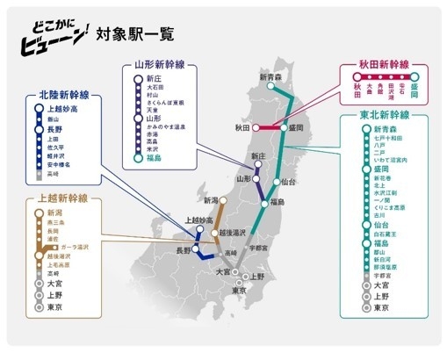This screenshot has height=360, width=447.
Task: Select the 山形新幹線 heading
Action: [x=161, y=65]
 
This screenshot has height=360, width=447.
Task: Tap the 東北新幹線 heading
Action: [x=384, y=115]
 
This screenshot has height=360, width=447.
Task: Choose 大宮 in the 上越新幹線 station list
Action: [x=54, y=284]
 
